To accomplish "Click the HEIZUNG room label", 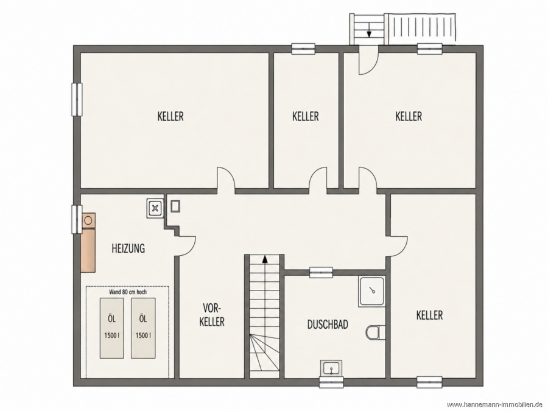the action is pyautogui.click(x=128, y=248).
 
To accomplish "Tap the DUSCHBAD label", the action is pyautogui.click(x=328, y=325).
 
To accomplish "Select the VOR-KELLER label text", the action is pyautogui.click(x=212, y=315).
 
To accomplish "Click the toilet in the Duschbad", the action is pyautogui.click(x=376, y=332).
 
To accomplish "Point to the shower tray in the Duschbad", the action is pyautogui.click(x=372, y=292).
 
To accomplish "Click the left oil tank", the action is pyautogui.click(x=112, y=328).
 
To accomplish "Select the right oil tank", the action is pyautogui.click(x=143, y=328).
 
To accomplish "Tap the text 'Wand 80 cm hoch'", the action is pyautogui.click(x=128, y=292).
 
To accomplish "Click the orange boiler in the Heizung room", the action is pyautogui.click(x=88, y=242).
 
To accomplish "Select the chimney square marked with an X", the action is pyautogui.click(x=155, y=209).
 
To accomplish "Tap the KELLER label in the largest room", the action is pyautogui.click(x=170, y=116).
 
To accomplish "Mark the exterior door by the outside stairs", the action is pyautogui.click(x=369, y=60).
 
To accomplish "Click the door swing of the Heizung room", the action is pyautogui.click(x=186, y=247).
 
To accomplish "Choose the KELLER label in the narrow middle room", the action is pyautogui.click(x=306, y=116).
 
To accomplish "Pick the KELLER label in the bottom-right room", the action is pyautogui.click(x=429, y=315).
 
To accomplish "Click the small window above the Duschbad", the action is pyautogui.click(x=321, y=272).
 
